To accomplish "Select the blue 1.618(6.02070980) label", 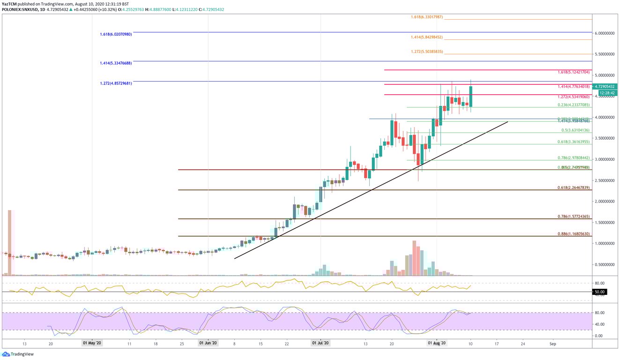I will click(x=116, y=34).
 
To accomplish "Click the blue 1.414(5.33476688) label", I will click(x=116, y=63).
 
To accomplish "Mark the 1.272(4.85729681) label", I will click(x=116, y=83).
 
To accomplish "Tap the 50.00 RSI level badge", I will click(x=599, y=292).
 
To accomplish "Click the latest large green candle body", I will click(x=471, y=96).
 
